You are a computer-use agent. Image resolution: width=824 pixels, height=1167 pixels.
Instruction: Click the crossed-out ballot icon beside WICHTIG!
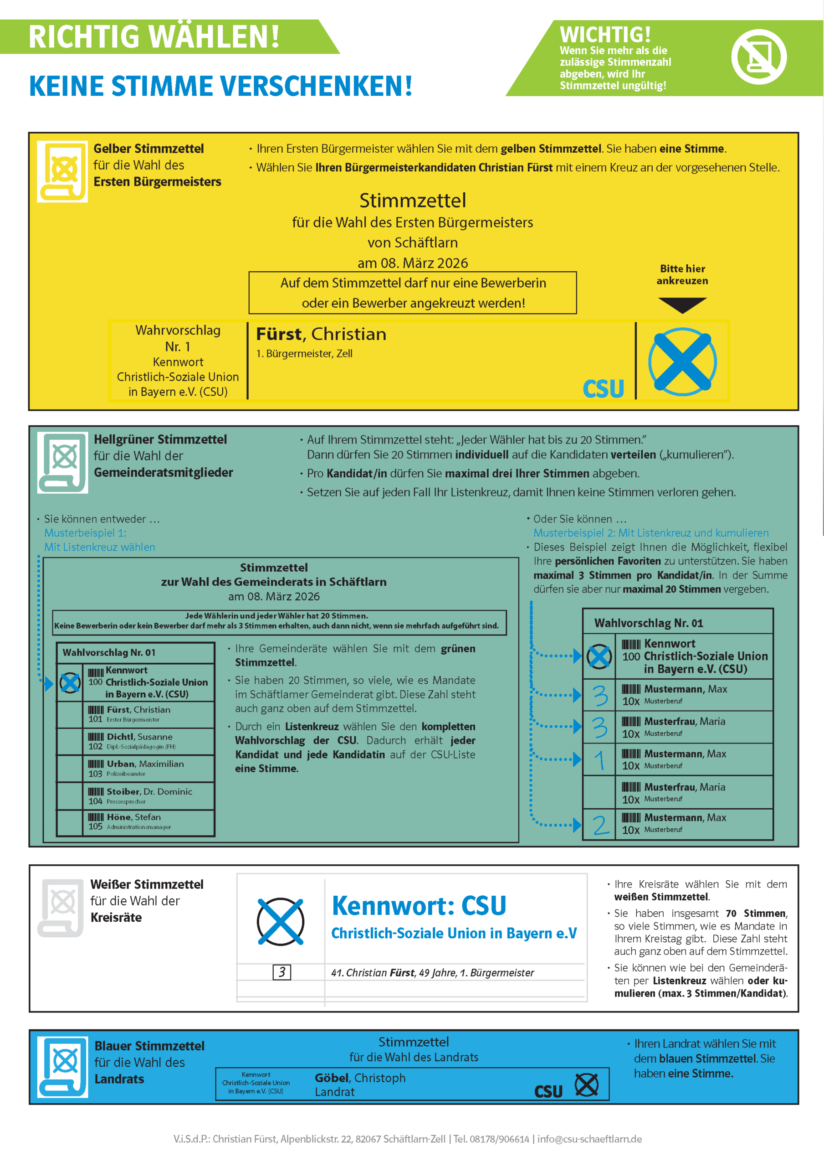coord(758,57)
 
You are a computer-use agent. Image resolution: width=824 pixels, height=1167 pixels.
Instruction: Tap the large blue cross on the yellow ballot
coord(682,361)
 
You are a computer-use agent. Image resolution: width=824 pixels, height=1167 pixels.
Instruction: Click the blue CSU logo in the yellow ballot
coord(603,389)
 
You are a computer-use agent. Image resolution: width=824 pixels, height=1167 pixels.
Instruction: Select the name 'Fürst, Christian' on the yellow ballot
coord(321,334)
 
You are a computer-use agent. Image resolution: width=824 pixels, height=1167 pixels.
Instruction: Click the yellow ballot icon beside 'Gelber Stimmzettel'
coord(62,171)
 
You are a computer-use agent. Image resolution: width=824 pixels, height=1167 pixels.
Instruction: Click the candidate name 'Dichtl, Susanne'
coord(139,737)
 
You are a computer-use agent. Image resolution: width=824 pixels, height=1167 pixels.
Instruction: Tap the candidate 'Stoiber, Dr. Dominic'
coord(149,791)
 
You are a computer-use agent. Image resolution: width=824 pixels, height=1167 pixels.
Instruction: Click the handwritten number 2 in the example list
coord(600,825)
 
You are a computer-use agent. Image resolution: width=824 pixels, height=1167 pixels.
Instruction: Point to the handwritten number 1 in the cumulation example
coord(599,760)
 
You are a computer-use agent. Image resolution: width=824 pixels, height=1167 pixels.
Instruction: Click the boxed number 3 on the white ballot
coord(282,972)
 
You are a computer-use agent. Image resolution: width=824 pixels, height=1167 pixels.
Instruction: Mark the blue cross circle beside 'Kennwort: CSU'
coord(281,921)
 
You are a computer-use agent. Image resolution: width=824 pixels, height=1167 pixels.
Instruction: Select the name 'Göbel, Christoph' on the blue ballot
coord(360,1078)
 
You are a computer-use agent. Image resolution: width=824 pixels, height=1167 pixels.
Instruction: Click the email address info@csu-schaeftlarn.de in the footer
coord(589,1139)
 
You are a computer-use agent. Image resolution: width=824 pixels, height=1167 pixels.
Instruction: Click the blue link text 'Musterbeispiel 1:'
coord(85,533)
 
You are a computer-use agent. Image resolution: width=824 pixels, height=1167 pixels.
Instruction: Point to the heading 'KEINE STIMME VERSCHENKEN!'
coord(220,86)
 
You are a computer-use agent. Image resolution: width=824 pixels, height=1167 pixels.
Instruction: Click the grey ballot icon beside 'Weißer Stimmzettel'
coord(61,908)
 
